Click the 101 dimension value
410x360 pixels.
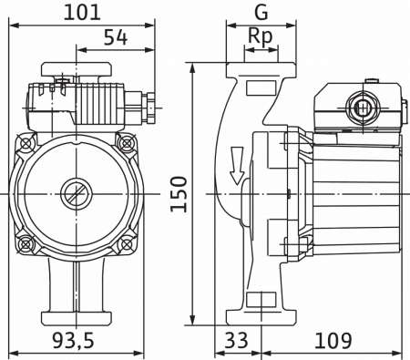[82, 13]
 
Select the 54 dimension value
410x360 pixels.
[116, 37]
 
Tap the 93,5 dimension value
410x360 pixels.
[73, 340]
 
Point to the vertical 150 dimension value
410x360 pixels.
[179, 194]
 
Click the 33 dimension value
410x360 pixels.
[236, 340]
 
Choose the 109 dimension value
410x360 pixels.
[333, 340]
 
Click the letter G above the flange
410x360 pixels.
[261, 13]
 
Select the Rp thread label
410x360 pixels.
[261, 36]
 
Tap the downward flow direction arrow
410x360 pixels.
[237, 166]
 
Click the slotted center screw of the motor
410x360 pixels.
[77, 193]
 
